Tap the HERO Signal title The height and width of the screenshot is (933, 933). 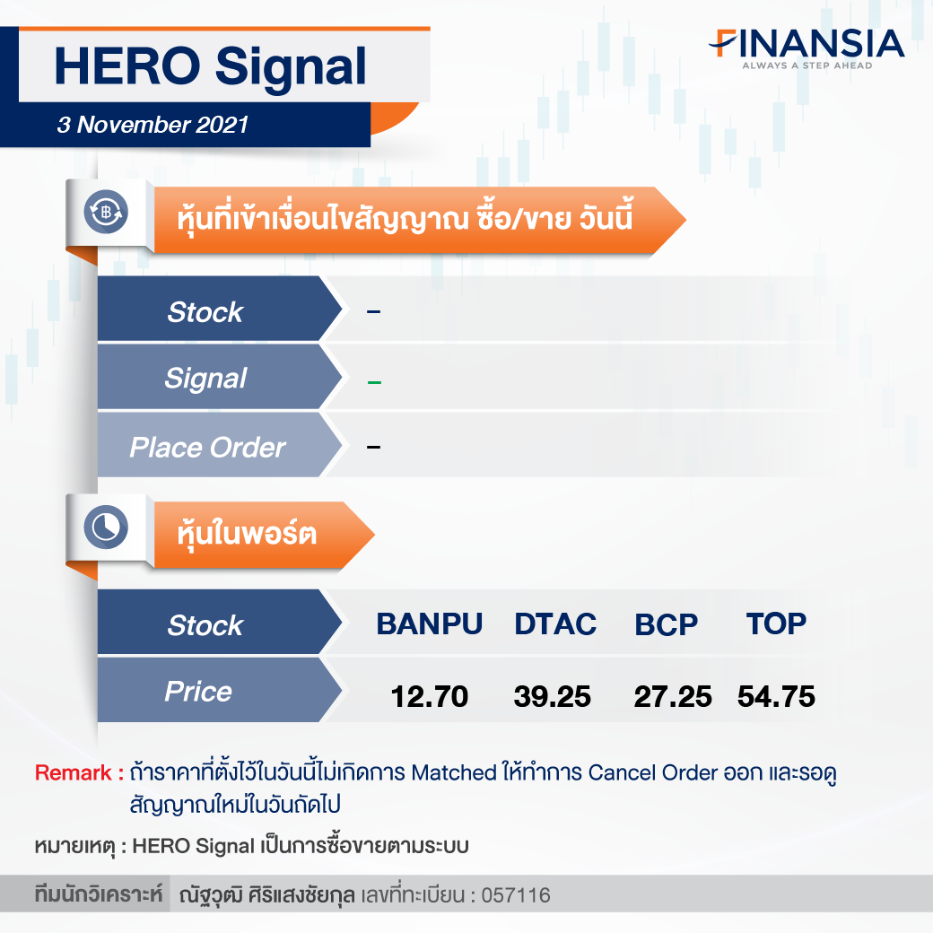point(210,66)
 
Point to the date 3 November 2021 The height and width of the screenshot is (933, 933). point(153,125)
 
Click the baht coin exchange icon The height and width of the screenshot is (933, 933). point(106,212)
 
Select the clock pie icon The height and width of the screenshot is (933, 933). point(106,528)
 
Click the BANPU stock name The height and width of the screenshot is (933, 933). point(429,624)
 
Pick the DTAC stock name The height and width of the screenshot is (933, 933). point(555,624)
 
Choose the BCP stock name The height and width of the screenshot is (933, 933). point(666,624)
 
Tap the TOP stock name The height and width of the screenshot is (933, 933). point(776,624)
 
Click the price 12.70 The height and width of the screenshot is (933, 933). point(429,697)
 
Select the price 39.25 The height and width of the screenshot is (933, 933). point(553,697)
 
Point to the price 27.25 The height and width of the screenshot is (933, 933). point(672,697)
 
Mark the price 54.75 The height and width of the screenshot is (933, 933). point(776,697)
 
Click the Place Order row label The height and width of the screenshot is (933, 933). point(207,448)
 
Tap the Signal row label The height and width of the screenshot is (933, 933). point(205,379)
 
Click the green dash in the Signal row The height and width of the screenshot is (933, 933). point(374,382)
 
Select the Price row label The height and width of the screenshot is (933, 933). point(198,692)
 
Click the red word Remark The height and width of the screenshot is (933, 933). point(73,773)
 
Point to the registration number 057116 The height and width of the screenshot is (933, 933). point(516,895)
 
